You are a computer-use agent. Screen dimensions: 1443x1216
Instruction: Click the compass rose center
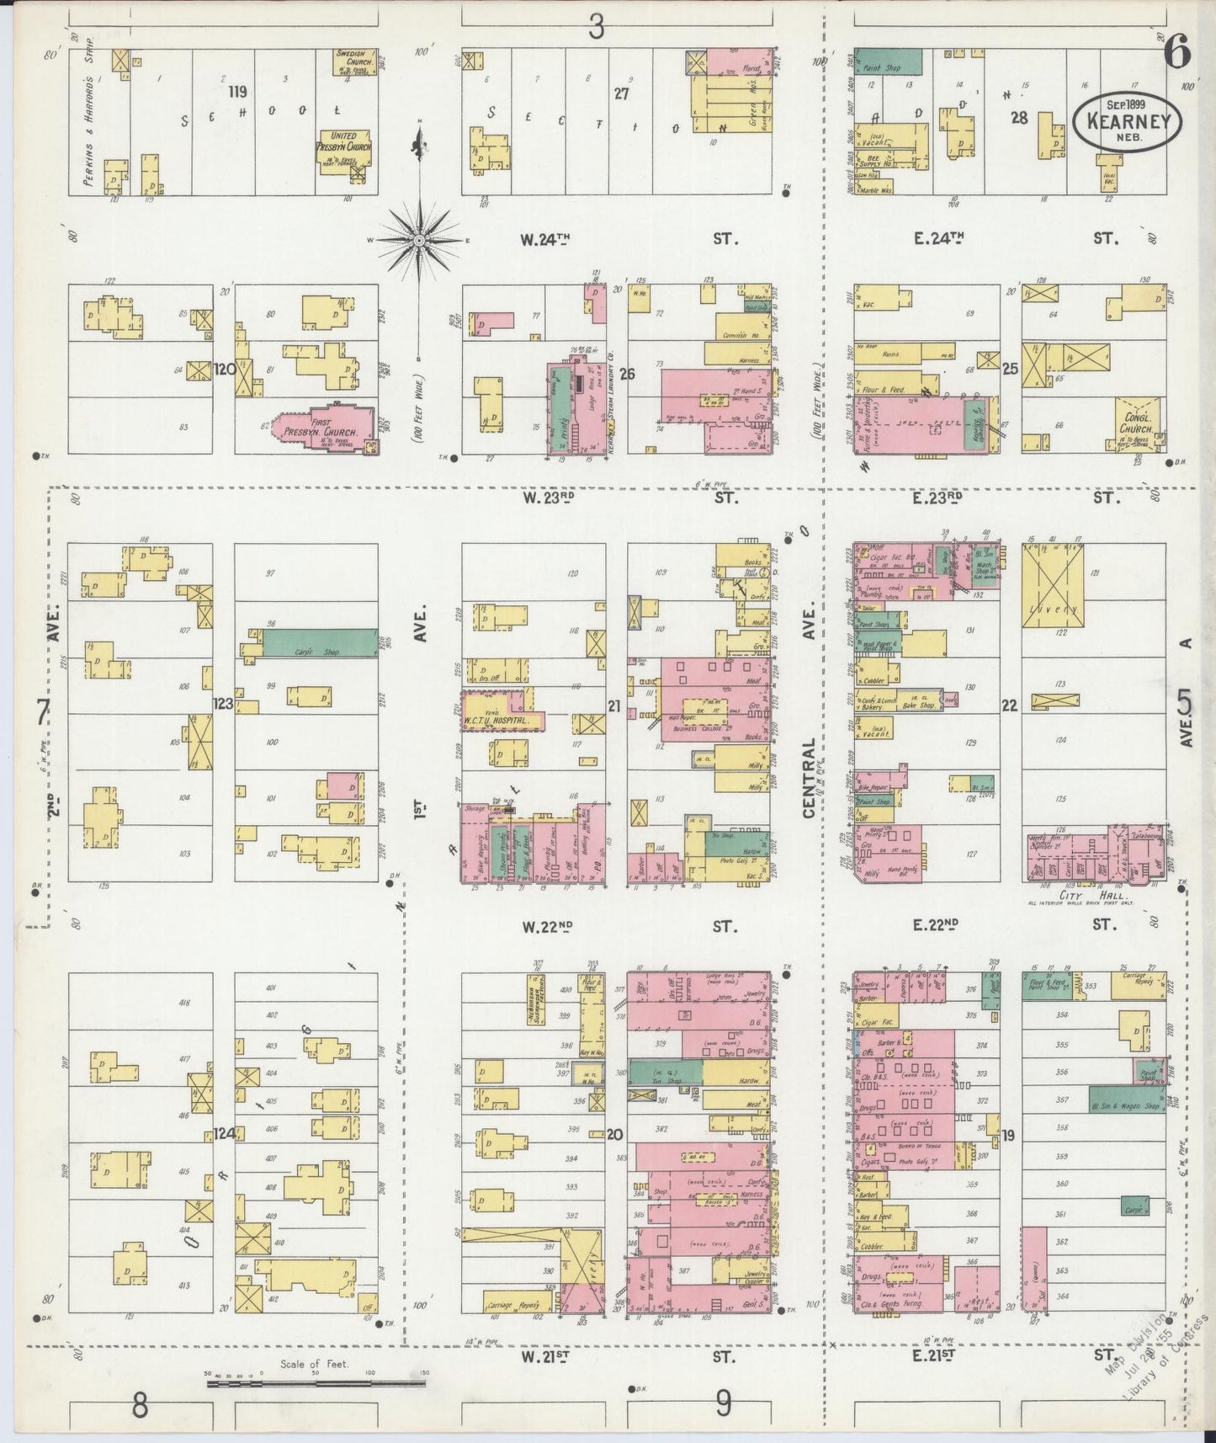[x=418, y=241]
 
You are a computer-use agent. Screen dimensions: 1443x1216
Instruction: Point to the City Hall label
[x=1081, y=896]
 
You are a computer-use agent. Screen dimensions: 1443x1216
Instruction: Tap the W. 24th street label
[x=544, y=239]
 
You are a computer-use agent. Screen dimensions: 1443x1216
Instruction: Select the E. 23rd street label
[x=937, y=498]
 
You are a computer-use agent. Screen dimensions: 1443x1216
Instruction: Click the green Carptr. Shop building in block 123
[x=320, y=643]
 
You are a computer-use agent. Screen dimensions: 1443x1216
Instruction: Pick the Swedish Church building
[x=349, y=63]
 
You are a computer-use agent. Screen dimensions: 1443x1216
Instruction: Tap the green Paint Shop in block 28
[x=888, y=61]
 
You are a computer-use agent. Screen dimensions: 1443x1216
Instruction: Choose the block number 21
[x=614, y=706]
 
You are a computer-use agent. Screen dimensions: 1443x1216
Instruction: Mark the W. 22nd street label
[x=546, y=927]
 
